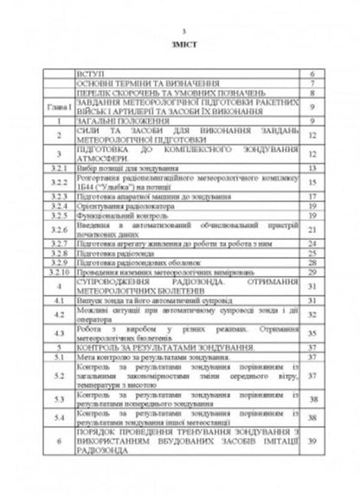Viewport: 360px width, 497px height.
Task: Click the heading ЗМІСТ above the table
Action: tap(180, 53)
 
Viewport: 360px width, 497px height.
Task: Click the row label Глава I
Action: tap(51, 106)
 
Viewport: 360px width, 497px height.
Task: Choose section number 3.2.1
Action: tap(51, 165)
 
